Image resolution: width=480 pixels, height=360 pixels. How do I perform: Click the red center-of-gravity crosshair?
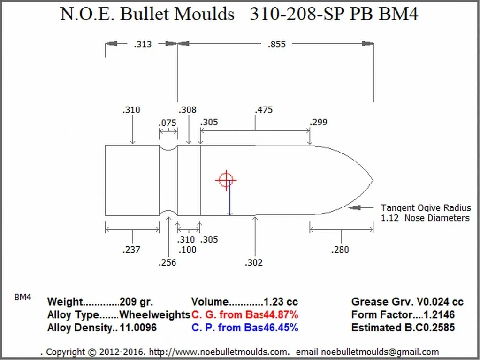pos(226,180)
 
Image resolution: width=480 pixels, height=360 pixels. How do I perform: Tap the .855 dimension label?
pos(276,45)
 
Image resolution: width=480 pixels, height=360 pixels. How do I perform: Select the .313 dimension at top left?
pos(143,45)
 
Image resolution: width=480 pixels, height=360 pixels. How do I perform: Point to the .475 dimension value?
pos(264,110)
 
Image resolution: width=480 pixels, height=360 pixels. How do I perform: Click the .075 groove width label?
pos(168,123)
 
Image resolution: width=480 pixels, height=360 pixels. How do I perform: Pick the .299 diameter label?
pos(319,122)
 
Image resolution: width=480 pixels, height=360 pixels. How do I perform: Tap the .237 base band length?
pos(131,250)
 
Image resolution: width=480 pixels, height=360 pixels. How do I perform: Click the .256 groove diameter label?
pos(168,263)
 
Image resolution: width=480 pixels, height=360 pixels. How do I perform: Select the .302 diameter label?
pos(254,263)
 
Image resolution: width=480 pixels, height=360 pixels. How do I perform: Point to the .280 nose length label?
pos(340,250)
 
